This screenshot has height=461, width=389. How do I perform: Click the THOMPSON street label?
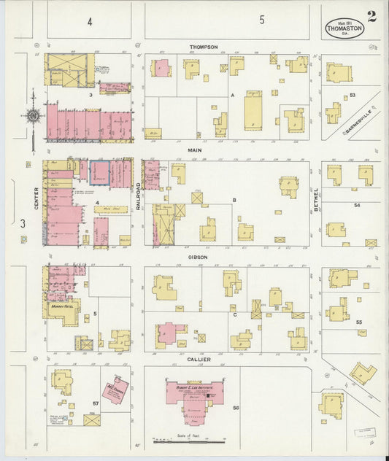[204, 47]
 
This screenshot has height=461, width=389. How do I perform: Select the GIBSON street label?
[198, 257]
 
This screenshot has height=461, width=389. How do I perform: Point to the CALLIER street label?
[199, 359]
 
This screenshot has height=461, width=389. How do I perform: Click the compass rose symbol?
[33, 115]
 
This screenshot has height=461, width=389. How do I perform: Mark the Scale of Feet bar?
[188, 441]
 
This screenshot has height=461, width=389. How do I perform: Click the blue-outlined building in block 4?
[99, 173]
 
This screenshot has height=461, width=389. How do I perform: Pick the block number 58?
[235, 407]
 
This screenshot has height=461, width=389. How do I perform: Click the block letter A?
[232, 96]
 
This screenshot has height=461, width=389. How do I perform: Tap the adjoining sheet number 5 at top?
[261, 21]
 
